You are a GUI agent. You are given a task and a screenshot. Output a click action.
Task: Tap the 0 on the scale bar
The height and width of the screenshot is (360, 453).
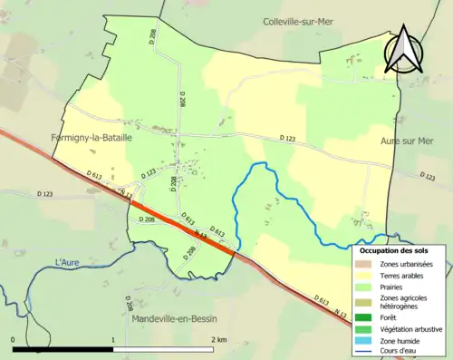14,338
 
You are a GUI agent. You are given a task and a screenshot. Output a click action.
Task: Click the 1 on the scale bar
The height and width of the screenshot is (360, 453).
112,338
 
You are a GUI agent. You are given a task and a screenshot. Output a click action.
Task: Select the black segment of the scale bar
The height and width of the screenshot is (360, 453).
63,349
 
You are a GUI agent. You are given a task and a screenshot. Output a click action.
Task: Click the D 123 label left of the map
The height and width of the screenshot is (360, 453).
45,194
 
